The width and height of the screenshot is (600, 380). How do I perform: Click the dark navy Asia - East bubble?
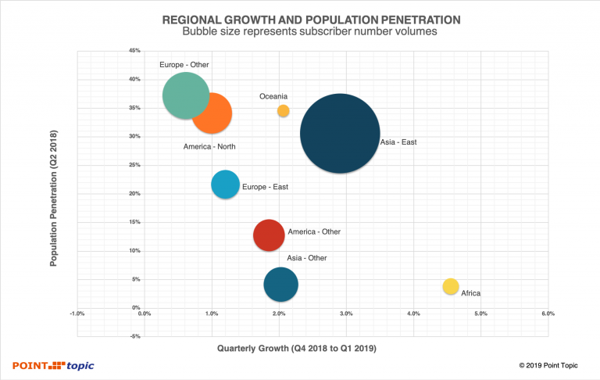pyautogui.click(x=340, y=134)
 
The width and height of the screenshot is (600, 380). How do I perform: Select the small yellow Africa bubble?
pyautogui.click(x=450, y=287)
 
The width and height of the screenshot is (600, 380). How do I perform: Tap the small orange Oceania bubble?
pyautogui.click(x=283, y=111)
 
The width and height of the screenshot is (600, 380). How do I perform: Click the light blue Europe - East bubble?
pyautogui.click(x=225, y=185)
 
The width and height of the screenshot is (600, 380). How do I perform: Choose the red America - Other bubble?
pyautogui.click(x=268, y=235)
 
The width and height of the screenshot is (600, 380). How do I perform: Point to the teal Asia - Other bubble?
pyautogui.click(x=280, y=285)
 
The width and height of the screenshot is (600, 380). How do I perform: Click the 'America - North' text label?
pyautogui.click(x=209, y=147)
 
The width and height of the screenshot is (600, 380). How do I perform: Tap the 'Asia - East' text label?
pyautogui.click(x=398, y=142)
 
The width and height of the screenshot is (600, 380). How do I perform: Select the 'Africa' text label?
pyautogui.click(x=470, y=293)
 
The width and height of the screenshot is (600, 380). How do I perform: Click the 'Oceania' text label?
pyautogui.click(x=273, y=96)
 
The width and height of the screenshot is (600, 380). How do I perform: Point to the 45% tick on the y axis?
pyautogui.click(x=134, y=51)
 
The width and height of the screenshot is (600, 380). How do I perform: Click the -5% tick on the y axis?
pyautogui.click(x=134, y=337)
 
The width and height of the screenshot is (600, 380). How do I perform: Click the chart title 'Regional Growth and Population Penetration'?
pyautogui.click(x=300, y=18)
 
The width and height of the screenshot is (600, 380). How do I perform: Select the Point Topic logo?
pyautogui.click(x=52, y=365)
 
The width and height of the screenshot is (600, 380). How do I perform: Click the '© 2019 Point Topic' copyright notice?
pyautogui.click(x=552, y=365)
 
